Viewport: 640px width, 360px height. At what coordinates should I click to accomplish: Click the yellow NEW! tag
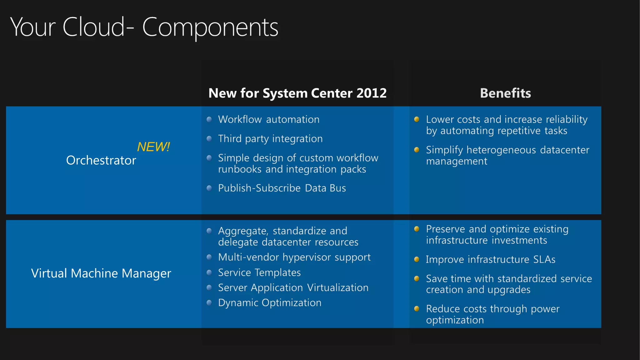point(153,147)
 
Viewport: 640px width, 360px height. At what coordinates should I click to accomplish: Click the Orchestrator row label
point(101,160)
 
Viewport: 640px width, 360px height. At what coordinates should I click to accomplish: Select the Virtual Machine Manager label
point(101,273)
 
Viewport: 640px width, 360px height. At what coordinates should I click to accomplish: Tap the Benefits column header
point(505,93)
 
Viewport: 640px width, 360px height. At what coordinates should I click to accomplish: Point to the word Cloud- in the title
point(98,27)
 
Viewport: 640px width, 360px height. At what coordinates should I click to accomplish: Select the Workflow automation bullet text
point(269,119)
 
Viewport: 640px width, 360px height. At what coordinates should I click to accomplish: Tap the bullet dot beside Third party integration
point(209,138)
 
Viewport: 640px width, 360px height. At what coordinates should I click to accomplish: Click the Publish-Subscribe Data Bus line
point(282,188)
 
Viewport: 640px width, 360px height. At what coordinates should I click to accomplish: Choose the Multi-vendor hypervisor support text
point(294,257)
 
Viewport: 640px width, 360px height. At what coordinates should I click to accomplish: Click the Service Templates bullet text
point(259,272)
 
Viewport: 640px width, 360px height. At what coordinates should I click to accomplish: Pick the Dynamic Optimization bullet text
point(270,303)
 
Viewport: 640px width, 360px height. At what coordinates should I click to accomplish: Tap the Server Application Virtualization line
point(293,288)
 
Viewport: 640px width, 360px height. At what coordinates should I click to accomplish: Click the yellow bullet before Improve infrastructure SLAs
point(417,259)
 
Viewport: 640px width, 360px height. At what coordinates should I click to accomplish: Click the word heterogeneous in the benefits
point(501,150)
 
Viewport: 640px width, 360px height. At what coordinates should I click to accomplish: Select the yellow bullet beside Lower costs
point(417,119)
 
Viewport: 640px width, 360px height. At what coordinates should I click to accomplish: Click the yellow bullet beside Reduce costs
point(417,309)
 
